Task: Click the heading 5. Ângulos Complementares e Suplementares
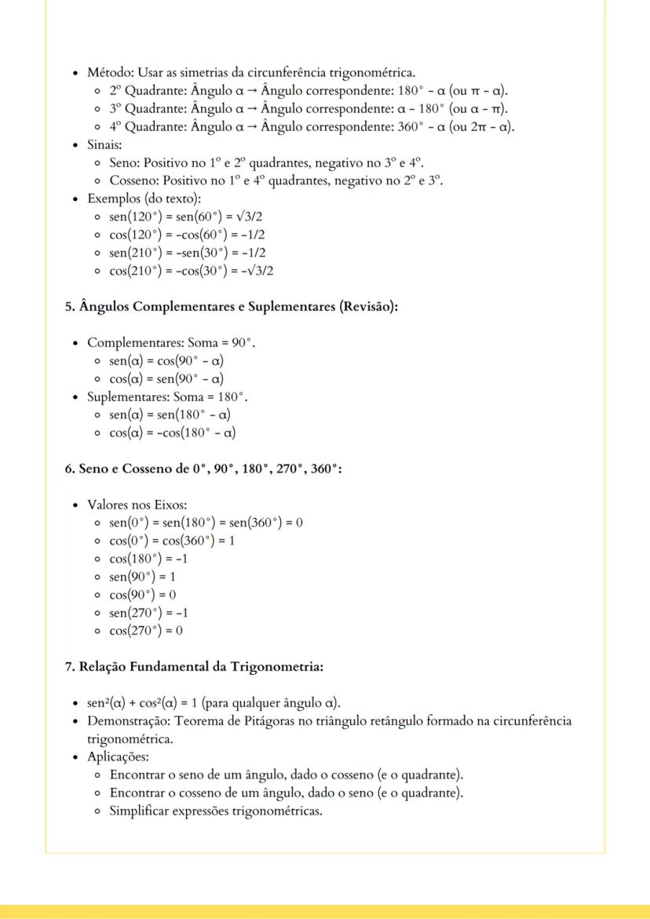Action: tap(232, 307)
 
